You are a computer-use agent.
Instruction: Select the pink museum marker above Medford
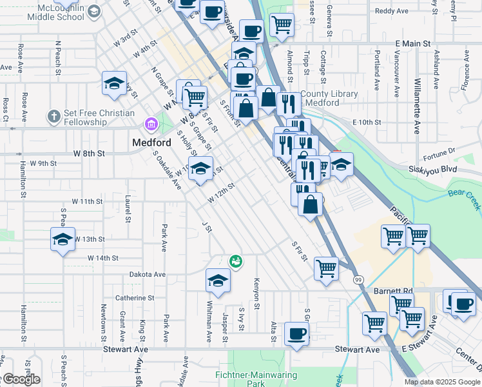click(x=151, y=123)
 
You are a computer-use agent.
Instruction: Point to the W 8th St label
click(x=88, y=154)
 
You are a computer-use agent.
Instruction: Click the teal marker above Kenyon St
click(x=236, y=261)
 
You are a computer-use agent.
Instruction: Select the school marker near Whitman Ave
click(x=218, y=281)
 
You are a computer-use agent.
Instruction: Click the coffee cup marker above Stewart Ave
click(x=296, y=333)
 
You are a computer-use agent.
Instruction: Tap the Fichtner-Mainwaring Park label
click(x=256, y=379)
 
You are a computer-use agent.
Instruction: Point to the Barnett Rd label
click(x=392, y=291)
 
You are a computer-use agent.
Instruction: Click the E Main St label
click(x=412, y=43)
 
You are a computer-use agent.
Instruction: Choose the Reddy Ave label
click(x=392, y=11)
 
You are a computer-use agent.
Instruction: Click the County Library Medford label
click(x=329, y=98)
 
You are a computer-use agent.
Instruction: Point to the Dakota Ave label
click(x=147, y=274)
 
